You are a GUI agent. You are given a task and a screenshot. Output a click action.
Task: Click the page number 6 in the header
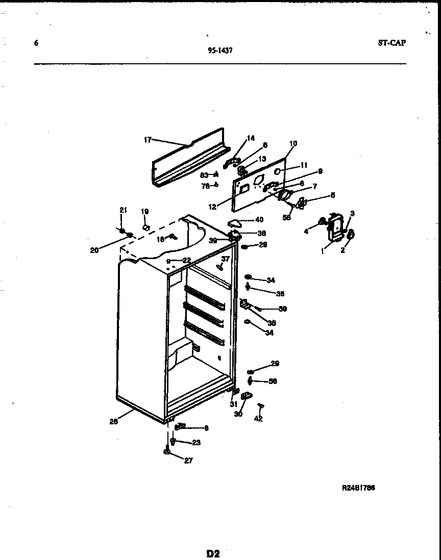36,43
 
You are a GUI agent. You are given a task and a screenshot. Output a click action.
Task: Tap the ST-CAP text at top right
392,43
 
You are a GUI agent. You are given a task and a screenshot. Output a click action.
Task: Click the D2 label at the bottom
213,553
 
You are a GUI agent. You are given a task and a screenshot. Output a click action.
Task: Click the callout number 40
259,220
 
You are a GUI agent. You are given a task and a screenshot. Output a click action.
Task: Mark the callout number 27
188,460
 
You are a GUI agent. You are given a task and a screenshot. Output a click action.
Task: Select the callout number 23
196,443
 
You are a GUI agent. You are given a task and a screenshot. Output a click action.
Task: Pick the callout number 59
282,309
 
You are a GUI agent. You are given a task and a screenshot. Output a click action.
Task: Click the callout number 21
122,210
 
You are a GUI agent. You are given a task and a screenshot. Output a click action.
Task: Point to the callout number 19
144,211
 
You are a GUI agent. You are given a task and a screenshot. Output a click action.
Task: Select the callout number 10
293,144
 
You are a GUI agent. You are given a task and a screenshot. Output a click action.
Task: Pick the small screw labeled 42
261,405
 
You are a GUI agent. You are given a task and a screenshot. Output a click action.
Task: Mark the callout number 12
212,207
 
